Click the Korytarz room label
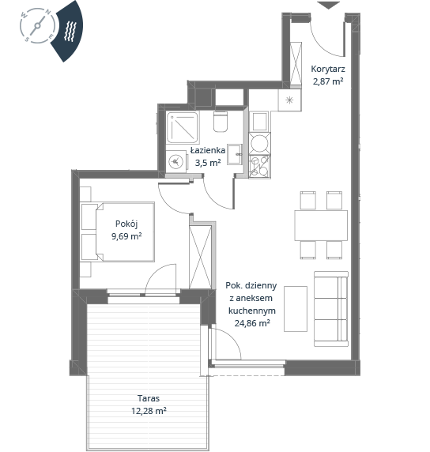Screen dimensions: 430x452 327,70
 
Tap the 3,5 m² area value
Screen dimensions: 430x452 208,163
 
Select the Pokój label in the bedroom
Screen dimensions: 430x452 126,224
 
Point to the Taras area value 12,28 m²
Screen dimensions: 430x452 149,410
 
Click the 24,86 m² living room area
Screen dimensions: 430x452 252,323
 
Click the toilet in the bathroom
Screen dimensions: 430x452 221,122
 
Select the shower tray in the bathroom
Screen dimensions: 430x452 183,127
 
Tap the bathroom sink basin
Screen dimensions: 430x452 235,154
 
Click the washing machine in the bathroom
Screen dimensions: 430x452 176,161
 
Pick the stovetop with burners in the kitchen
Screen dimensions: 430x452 259,166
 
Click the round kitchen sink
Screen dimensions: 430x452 259,143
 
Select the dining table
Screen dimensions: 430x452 321,225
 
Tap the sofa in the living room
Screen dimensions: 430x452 331,309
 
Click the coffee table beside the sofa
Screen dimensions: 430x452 296,309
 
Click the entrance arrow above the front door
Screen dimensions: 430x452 329,6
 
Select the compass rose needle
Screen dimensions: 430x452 37,26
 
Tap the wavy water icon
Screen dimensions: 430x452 70,31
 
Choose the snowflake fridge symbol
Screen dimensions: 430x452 289,100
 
